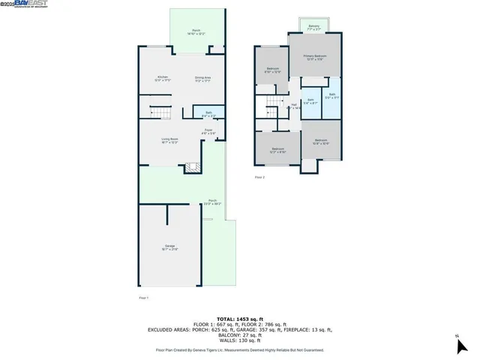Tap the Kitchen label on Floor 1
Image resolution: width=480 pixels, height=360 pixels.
coord(163,78)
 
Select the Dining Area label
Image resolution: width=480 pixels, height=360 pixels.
coord(202,78)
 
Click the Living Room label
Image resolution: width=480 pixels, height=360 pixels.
coord(169,140)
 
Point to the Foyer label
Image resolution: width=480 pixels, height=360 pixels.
coord(209,132)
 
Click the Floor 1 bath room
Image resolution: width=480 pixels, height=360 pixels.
coord(209,115)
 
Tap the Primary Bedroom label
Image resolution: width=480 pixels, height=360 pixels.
coord(314,58)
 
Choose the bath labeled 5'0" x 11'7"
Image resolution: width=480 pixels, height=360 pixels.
coord(331,95)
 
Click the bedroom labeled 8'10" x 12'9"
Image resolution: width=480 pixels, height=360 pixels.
coord(273,70)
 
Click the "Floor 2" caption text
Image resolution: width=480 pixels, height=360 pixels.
coord(259,177)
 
